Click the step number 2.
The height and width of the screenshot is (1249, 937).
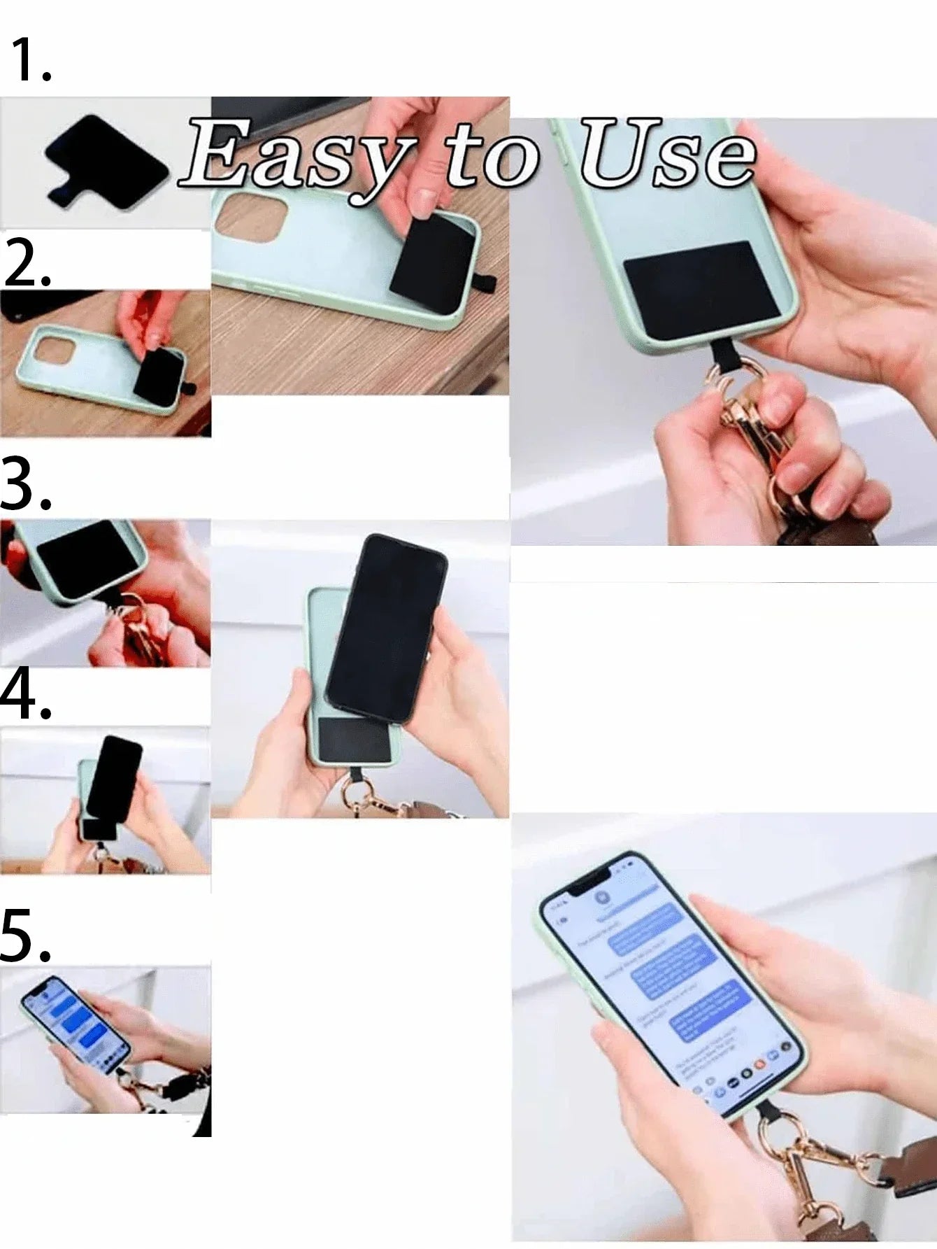[27, 262]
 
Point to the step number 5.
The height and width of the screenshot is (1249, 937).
[25, 936]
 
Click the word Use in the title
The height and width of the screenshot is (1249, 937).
[668, 154]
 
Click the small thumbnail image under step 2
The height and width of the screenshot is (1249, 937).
[105, 364]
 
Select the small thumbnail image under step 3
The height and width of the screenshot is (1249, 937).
[105, 593]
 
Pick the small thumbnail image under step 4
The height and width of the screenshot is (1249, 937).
[105, 800]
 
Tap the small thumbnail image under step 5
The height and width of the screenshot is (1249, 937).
[105, 1043]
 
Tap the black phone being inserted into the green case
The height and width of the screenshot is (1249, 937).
[386, 626]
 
